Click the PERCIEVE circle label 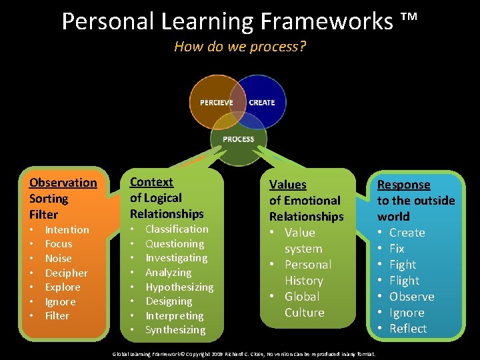tap(216, 103)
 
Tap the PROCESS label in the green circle tap(239, 139)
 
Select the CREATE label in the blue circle tap(261, 103)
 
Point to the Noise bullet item tap(59, 259)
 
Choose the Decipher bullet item tap(66, 273)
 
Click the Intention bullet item tap(67, 230)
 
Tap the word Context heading tap(151, 182)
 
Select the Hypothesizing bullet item tap(179, 287)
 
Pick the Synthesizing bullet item tap(175, 330)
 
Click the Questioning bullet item tap(175, 244)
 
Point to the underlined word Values tap(287, 185)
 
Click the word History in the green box tap(303, 281)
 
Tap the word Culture tap(304, 313)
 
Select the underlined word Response tap(404, 185)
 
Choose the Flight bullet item tap(404, 281)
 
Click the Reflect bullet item tap(407, 329)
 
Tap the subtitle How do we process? tap(240, 47)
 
